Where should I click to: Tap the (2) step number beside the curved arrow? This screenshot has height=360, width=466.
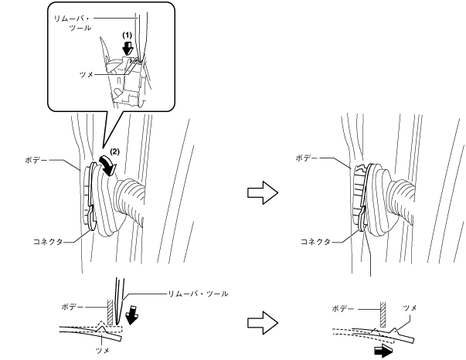pyautogui.click(x=114, y=148)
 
